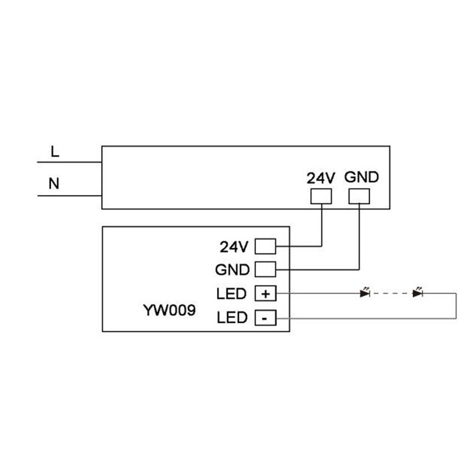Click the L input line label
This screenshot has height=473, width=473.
pyautogui.click(x=55, y=151)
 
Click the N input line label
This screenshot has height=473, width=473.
pyautogui.click(x=54, y=183)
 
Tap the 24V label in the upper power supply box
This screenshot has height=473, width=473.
pyautogui.click(x=320, y=178)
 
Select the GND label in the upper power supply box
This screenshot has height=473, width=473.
pyautogui.click(x=361, y=177)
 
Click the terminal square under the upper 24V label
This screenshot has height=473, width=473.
pyautogui.click(x=321, y=196)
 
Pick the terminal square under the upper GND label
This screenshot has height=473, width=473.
pyautogui.click(x=359, y=196)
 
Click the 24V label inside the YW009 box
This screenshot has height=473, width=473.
pyautogui.click(x=234, y=247)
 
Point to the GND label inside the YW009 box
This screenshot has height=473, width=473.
pyautogui.click(x=232, y=270)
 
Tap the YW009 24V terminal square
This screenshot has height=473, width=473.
pyautogui.click(x=265, y=247)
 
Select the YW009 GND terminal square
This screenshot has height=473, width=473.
pyautogui.click(x=265, y=270)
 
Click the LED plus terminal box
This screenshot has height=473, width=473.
pyautogui.click(x=265, y=293)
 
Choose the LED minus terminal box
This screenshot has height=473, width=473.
pyautogui.click(x=265, y=318)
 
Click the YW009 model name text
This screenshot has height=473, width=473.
pyautogui.click(x=169, y=310)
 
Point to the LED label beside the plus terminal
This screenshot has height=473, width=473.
pyautogui.click(x=231, y=294)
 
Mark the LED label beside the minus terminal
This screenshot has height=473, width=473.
pyautogui.click(x=232, y=318)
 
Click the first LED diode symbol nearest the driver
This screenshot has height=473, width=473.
pyautogui.click(x=365, y=292)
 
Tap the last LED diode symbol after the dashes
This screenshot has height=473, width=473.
pyautogui.click(x=417, y=292)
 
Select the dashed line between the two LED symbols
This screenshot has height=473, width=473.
pyautogui.click(x=391, y=293)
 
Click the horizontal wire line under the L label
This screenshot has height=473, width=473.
pyautogui.click(x=69, y=162)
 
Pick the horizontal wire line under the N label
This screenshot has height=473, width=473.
pyautogui.click(x=69, y=196)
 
